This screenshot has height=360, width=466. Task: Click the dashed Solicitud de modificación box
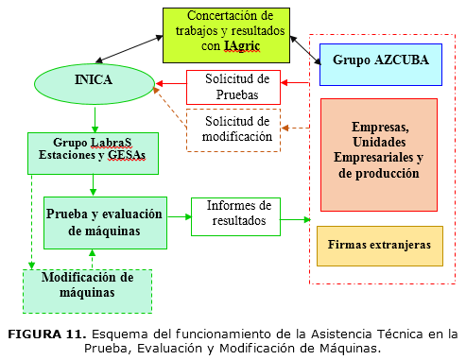pos(236,129)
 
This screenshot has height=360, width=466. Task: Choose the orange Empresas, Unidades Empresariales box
pos(379,154)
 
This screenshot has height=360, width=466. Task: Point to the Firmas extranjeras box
pos(379,245)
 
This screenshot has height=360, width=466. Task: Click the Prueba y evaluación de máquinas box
pos(105,222)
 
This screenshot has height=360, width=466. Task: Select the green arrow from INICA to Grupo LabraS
pos(94,117)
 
